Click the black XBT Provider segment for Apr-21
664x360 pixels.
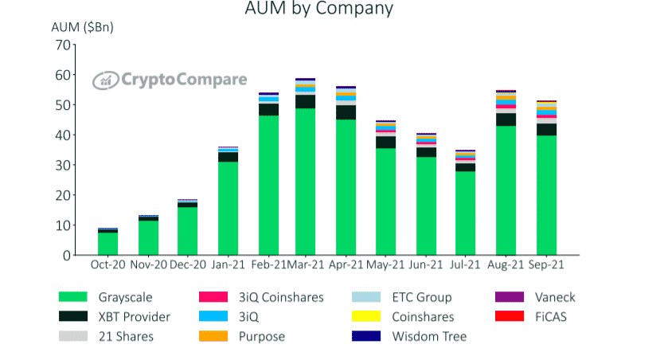coord(346,112)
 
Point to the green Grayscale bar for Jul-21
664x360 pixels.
coord(466,213)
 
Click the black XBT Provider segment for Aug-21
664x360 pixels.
coord(506,119)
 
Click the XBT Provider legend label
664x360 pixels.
coord(134,317)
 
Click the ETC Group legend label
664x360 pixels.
coord(421,297)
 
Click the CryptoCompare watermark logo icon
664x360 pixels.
coord(104,80)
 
